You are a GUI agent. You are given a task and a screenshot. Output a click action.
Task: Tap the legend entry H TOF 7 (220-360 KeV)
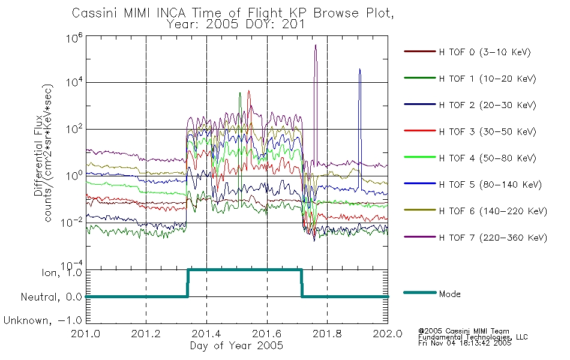(x=493, y=238)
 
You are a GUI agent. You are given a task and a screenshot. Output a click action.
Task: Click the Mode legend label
(x=449, y=294)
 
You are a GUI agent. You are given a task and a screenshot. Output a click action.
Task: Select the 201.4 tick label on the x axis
(x=207, y=334)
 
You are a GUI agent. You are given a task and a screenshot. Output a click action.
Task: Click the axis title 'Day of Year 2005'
(x=236, y=346)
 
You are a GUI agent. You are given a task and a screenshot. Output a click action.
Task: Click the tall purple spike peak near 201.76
(x=316, y=46)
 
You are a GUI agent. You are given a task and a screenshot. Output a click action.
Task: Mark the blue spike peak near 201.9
(x=359, y=70)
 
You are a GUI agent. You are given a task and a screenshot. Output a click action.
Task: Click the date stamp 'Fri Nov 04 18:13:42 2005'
(x=465, y=343)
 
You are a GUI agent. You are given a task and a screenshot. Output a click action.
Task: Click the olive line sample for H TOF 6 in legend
(x=419, y=211)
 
